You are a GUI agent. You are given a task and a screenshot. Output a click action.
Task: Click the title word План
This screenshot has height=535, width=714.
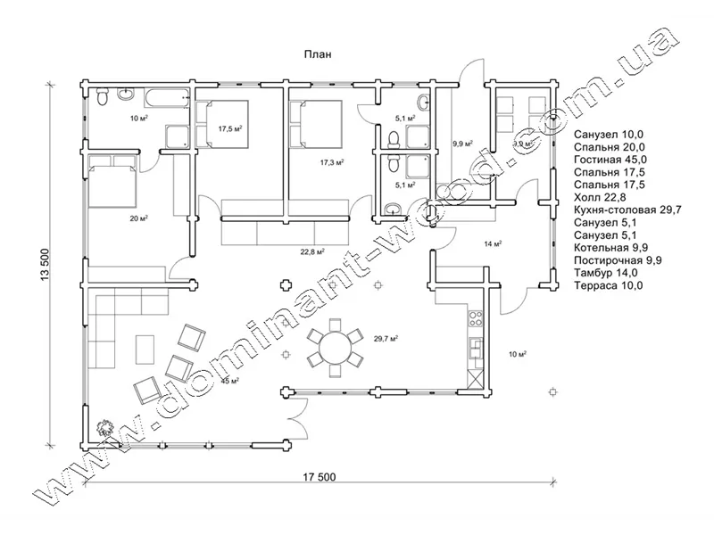(319, 53)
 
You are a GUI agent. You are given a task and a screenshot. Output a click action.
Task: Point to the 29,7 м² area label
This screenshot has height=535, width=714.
(385, 339)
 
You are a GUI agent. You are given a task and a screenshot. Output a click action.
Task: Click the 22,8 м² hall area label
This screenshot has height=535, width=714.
(311, 251)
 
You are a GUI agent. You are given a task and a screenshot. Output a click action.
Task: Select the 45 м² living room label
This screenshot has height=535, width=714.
(229, 382)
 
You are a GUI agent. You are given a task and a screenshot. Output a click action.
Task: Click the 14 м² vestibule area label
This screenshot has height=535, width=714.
(493, 243)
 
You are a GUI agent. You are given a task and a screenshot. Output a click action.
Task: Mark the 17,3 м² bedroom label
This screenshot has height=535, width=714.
(332, 163)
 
